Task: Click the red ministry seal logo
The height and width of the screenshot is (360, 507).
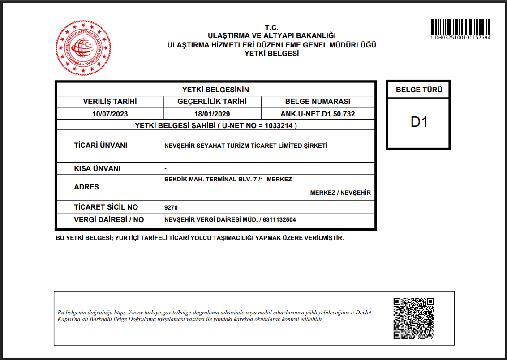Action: (x=83, y=47)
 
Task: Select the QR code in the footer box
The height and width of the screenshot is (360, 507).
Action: (x=413, y=318)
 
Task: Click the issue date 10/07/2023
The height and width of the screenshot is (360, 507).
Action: (x=110, y=114)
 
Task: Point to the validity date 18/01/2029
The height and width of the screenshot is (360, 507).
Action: (x=212, y=114)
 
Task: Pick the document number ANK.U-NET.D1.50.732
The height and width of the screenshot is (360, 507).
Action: (x=318, y=114)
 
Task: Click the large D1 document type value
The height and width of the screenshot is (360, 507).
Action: (x=419, y=122)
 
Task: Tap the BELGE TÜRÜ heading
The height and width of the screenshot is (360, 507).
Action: (x=419, y=90)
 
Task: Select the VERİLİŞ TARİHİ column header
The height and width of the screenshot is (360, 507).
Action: (x=110, y=102)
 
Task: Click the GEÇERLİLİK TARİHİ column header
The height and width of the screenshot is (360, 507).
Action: (x=212, y=102)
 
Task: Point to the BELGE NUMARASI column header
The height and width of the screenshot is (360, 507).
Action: (x=318, y=102)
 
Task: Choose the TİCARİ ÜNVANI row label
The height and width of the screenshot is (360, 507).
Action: (x=101, y=146)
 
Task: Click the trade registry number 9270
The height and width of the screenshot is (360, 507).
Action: (x=172, y=207)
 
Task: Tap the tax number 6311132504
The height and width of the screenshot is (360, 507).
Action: (x=279, y=220)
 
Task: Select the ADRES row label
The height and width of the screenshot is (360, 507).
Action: (x=86, y=187)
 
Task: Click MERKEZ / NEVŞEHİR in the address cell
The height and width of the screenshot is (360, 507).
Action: (x=340, y=193)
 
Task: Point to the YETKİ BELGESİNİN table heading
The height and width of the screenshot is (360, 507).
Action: (x=215, y=90)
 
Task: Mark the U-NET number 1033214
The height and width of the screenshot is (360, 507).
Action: (x=280, y=126)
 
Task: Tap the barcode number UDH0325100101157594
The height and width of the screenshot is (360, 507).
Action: (x=460, y=38)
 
